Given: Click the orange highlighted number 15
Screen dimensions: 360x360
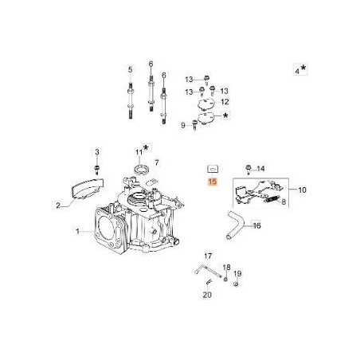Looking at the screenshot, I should [x=212, y=182].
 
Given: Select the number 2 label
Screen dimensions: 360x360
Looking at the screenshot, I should [x=57, y=205].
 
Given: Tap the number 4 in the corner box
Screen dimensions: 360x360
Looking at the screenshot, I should [x=297, y=71].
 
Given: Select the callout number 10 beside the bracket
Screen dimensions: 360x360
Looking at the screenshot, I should [x=302, y=191].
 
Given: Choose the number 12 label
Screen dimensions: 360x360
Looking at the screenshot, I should [x=225, y=102].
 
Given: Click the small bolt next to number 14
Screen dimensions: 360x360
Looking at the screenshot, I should [x=249, y=169].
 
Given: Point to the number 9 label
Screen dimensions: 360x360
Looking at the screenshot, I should [x=183, y=124].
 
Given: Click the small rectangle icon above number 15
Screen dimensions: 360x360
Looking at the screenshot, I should [x=212, y=169].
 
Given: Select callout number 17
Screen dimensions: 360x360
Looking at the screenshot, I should [x=206, y=256].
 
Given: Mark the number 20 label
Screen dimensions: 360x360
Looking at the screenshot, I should [x=206, y=294].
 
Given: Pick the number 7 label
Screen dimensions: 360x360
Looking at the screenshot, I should [x=157, y=162].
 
